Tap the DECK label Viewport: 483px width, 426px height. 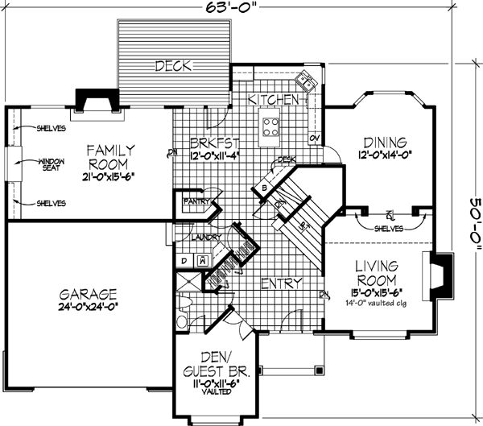point(173,66)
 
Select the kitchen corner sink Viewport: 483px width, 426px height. point(307,81)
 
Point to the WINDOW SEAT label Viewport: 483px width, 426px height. point(51,167)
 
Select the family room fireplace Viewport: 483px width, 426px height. point(96,99)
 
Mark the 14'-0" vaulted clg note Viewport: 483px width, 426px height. point(373,304)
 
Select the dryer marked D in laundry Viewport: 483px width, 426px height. point(184,259)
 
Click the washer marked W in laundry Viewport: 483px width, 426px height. point(202,259)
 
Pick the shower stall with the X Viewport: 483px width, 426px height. point(188,282)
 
